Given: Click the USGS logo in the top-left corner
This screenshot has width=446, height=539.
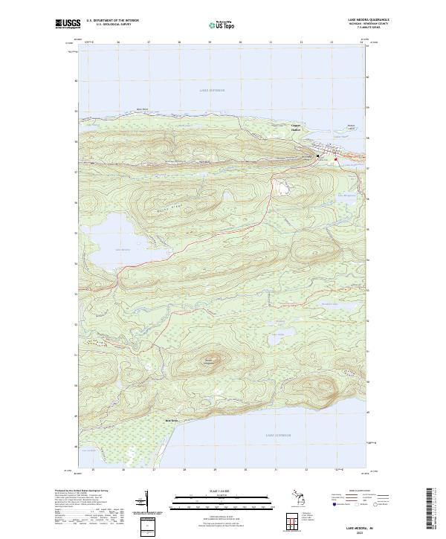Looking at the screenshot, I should point(68,24).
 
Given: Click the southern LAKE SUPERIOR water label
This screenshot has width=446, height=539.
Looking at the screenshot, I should point(279,434).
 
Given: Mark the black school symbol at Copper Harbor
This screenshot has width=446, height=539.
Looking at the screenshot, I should point(318,155).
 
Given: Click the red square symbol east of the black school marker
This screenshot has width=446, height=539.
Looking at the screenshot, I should point(335,159).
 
